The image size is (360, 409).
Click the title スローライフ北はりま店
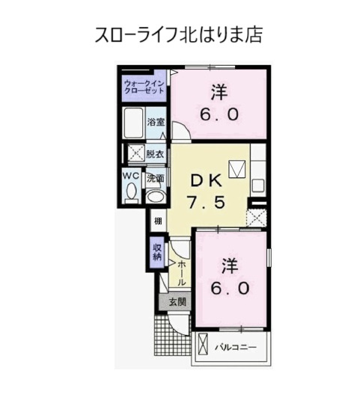[x=178, y=34]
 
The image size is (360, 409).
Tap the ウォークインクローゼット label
[x=144, y=87]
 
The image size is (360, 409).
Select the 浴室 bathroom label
[x=156, y=122]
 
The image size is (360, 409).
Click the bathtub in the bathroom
[x=133, y=123]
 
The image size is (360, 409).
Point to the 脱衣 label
[x=155, y=154]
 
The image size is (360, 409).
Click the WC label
[x=131, y=176]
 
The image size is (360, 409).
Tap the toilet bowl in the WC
[x=131, y=193]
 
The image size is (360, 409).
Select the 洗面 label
[x=156, y=179]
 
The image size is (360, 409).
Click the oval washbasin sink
[x=156, y=197]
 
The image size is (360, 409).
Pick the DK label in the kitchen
[x=207, y=180]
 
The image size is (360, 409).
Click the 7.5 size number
[x=206, y=203]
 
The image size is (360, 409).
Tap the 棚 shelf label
[x=158, y=221]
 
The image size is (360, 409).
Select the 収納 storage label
[x=157, y=252]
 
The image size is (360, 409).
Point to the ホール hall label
[x=182, y=273]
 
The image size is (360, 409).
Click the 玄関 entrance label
[x=177, y=302]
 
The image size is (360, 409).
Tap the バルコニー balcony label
[x=236, y=348]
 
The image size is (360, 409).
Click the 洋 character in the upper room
[x=219, y=93]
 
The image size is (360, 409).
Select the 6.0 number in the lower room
[x=230, y=289]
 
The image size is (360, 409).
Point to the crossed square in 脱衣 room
[x=136, y=153]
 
